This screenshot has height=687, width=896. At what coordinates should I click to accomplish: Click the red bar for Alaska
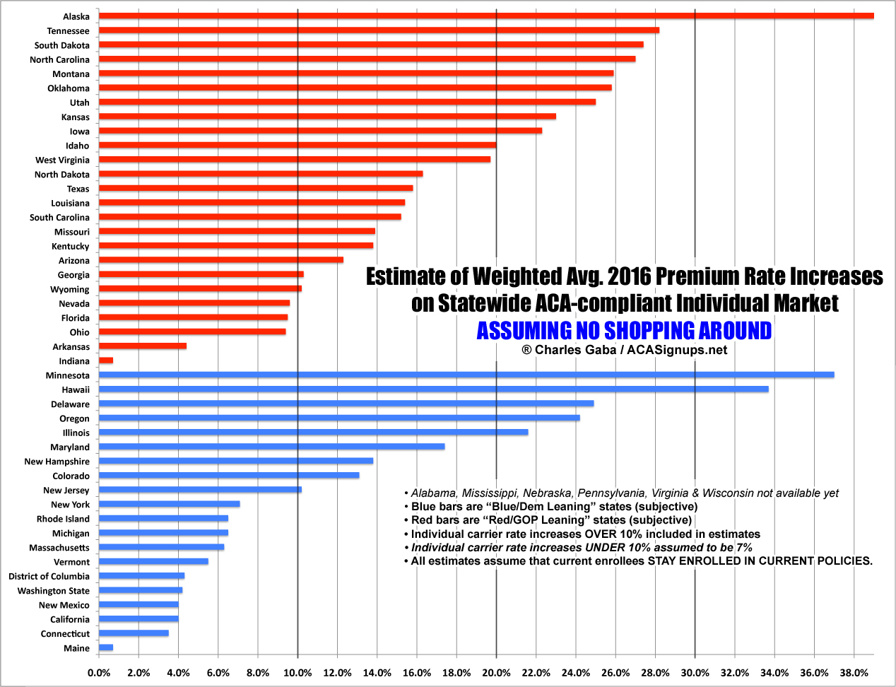486,16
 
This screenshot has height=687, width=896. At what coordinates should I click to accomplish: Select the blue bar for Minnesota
466,375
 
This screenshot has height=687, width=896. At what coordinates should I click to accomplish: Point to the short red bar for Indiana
106,360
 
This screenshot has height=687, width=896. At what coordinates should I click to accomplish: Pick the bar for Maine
106,647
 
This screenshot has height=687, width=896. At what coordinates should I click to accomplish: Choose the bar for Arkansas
143,346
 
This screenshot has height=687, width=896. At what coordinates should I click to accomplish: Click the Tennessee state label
68,31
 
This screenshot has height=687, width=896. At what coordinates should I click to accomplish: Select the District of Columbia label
49,576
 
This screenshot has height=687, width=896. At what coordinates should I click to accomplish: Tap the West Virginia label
62,160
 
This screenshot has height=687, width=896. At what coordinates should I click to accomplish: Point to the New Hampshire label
57,462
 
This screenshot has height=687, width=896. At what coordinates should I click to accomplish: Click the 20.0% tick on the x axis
496,673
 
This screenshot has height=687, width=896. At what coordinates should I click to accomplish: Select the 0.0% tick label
99,673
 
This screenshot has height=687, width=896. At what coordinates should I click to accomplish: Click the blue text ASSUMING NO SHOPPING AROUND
624,331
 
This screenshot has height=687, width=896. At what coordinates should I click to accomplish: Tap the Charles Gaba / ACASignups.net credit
624,350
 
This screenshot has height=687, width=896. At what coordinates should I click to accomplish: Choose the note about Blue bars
554,506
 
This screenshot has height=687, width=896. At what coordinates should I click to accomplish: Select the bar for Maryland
271,446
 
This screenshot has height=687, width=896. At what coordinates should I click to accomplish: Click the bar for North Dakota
261,174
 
